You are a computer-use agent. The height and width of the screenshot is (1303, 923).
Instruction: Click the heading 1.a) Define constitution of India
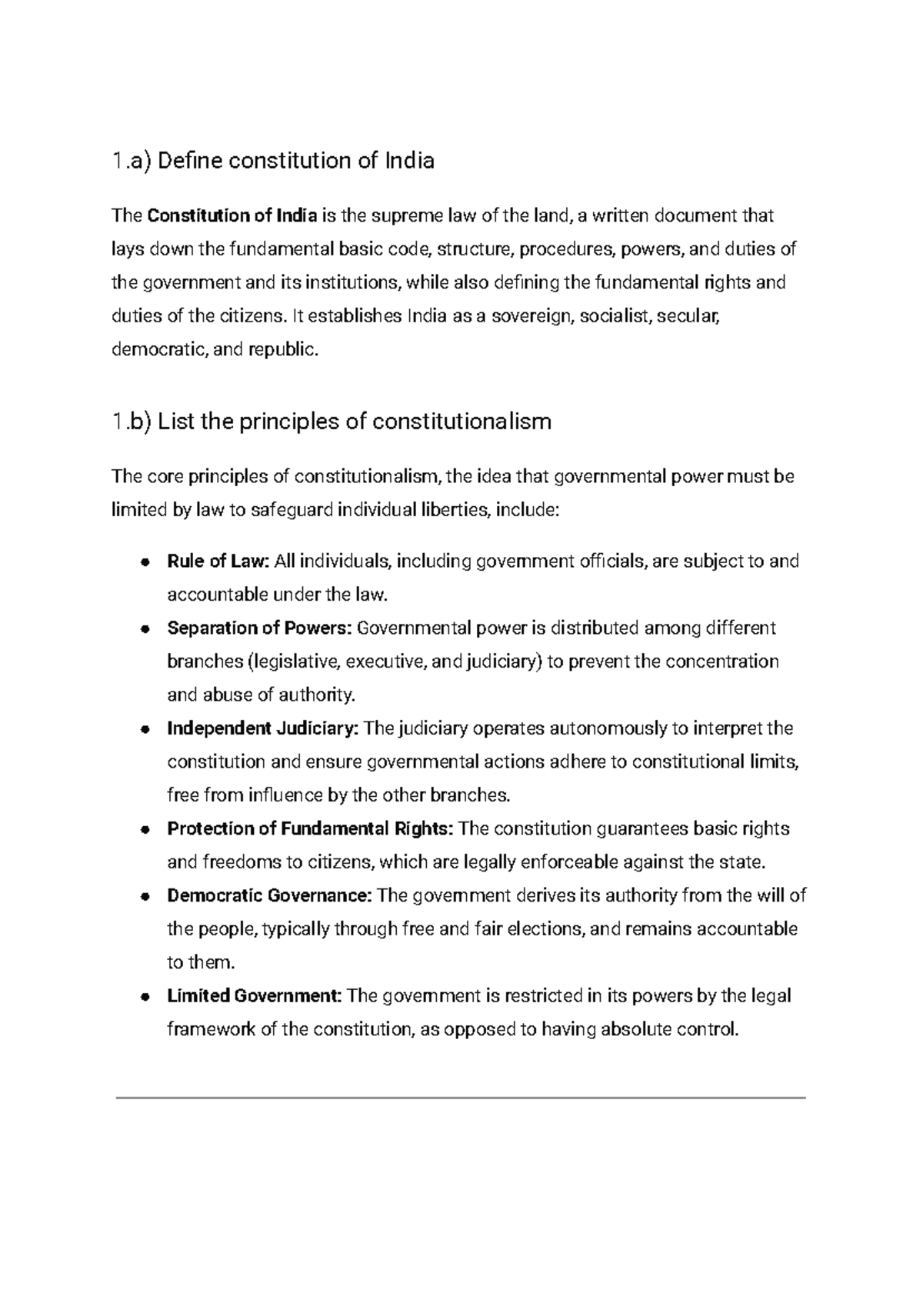coord(273,161)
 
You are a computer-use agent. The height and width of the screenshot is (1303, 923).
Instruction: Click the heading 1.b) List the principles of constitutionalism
coord(332,422)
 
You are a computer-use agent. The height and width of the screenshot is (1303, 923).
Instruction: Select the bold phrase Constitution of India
coord(232,215)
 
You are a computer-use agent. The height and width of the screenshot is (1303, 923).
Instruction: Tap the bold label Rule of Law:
coord(218,562)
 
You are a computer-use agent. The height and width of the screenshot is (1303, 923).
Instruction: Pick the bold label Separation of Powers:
coord(259,628)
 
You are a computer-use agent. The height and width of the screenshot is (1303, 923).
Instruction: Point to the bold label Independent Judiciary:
coord(262,728)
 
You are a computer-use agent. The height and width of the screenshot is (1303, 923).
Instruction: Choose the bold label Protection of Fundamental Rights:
coord(310,828)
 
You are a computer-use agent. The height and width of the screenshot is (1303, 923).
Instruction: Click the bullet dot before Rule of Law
coord(144,562)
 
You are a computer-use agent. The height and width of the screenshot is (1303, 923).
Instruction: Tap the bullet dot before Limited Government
coord(144,997)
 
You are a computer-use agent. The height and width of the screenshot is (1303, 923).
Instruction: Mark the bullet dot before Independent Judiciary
coord(144,729)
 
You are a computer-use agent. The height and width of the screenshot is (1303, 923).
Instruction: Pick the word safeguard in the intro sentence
coord(292,510)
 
